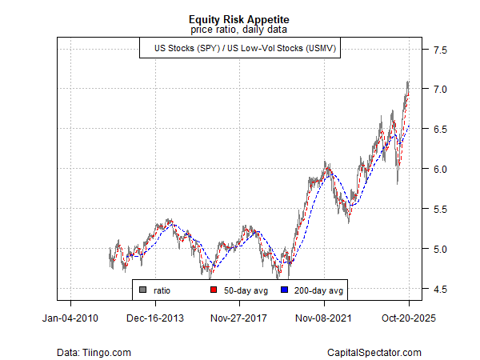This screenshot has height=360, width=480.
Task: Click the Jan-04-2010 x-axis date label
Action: (x=70, y=318)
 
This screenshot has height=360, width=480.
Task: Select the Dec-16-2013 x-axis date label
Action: (x=155, y=318)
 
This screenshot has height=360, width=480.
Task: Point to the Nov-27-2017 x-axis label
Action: (x=240, y=318)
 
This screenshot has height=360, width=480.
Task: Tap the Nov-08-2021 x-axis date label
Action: (x=325, y=318)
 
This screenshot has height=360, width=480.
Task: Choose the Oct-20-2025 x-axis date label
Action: (x=409, y=318)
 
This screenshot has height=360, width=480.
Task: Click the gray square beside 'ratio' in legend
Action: (x=142, y=290)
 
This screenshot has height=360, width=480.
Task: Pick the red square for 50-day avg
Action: (x=213, y=290)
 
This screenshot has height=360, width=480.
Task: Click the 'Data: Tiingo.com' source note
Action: (x=94, y=352)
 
